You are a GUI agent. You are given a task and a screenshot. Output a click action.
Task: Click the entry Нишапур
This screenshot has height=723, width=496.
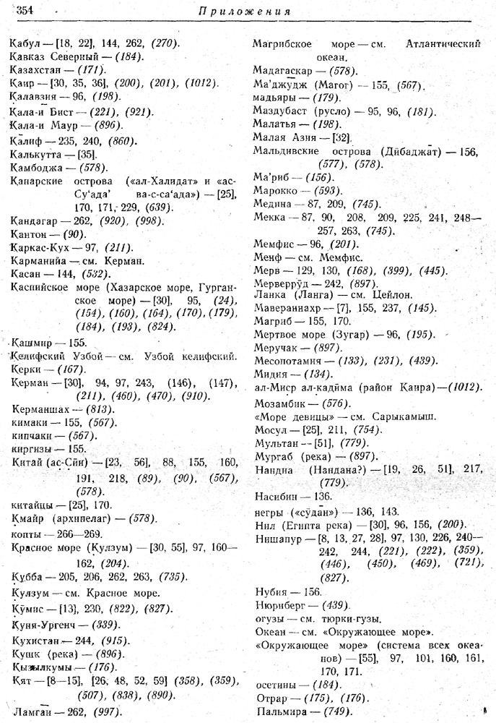pyautogui.click(x=278, y=538)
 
